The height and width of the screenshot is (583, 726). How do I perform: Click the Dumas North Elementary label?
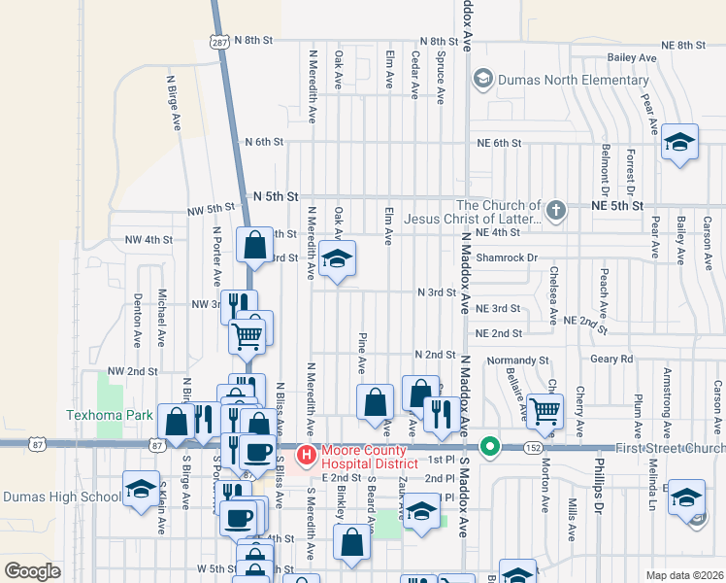point(573,79)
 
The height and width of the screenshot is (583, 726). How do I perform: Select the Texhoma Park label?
point(110,414)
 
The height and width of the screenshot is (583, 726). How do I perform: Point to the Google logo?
point(32,571)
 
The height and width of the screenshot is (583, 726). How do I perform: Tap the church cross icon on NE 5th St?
point(555,210)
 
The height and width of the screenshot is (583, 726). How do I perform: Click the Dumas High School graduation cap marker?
point(141,488)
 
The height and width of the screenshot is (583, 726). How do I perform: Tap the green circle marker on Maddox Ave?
point(491,447)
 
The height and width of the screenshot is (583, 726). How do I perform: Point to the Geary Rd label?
point(611,359)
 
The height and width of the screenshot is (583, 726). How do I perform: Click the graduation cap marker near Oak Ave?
point(338,258)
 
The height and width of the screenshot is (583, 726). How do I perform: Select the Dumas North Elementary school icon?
point(481,78)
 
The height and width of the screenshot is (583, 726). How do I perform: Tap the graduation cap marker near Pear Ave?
point(680,143)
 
